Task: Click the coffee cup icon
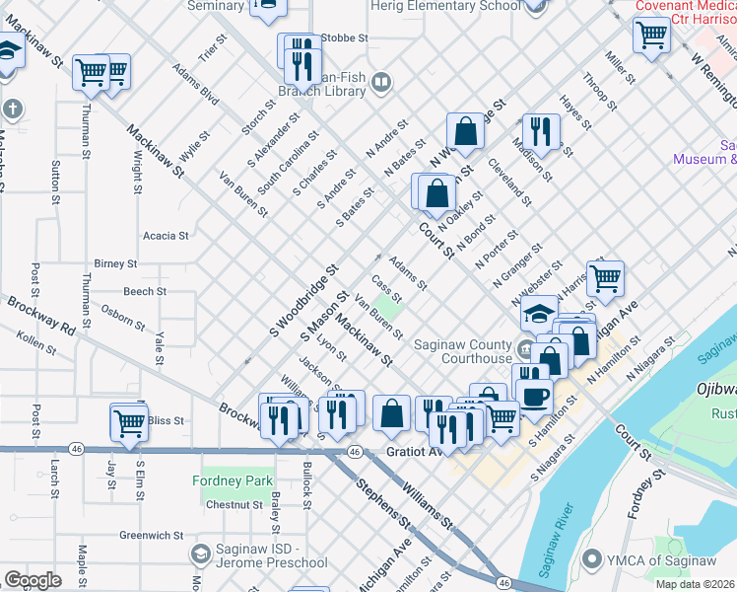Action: [x=535, y=396]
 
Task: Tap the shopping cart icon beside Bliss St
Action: [x=129, y=421]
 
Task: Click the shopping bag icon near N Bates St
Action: [x=464, y=131]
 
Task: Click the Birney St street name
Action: [x=115, y=264]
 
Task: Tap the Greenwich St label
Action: [x=152, y=536]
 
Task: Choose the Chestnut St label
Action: [x=234, y=504]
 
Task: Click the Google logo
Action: [x=33, y=579]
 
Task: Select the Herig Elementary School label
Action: [x=445, y=6]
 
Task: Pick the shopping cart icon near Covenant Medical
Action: [x=651, y=36]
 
